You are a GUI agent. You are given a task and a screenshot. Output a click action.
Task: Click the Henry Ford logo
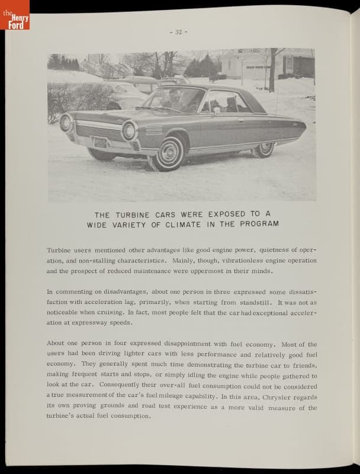point(15,15)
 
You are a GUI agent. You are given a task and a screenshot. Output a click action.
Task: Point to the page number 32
point(178,32)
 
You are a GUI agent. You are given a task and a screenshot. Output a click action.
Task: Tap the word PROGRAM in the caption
point(258,224)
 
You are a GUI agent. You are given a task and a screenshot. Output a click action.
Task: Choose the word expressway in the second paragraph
point(92,322)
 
